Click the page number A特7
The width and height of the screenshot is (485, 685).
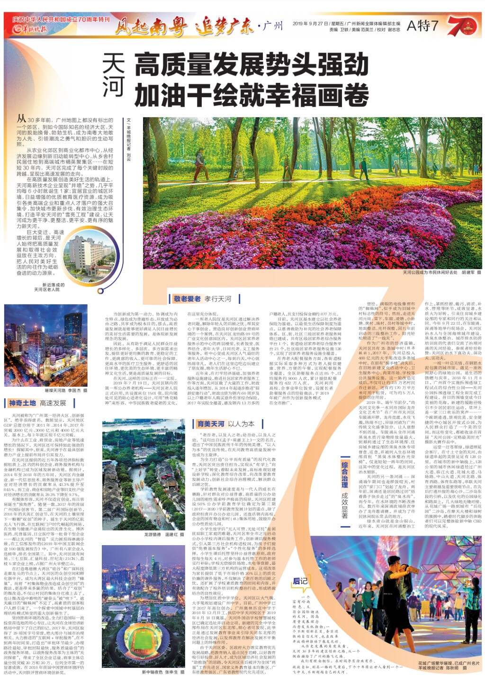(423, 26)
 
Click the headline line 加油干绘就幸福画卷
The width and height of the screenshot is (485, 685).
(251, 94)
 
